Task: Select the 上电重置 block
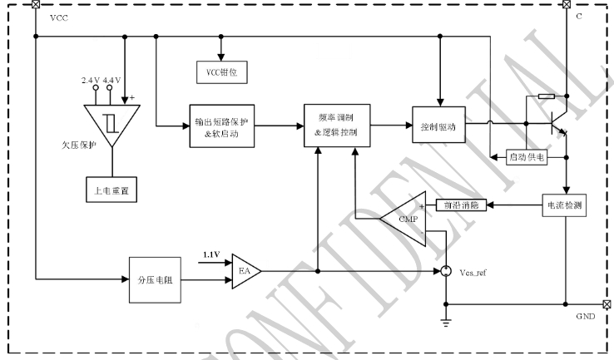tap(111, 190)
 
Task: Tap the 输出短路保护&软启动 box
tap(219, 126)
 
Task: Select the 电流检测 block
tap(565, 204)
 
